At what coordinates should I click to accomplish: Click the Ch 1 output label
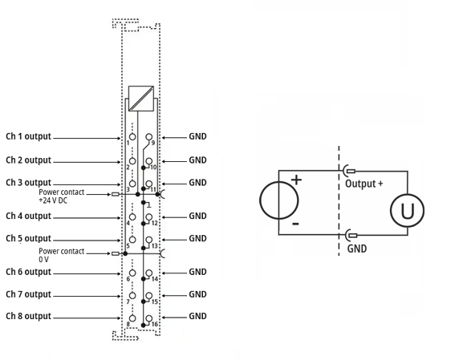point(28,136)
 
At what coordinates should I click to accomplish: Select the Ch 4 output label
point(28,216)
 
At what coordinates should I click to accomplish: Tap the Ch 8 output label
point(28,316)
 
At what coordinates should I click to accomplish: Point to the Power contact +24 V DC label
point(62,196)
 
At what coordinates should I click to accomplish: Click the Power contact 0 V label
point(62,255)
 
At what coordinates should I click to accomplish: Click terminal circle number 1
point(132,137)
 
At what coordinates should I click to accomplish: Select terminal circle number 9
point(149,137)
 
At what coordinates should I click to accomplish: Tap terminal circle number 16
point(149,318)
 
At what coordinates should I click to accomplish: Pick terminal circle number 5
point(132,240)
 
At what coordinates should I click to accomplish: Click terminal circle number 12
point(149,216)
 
